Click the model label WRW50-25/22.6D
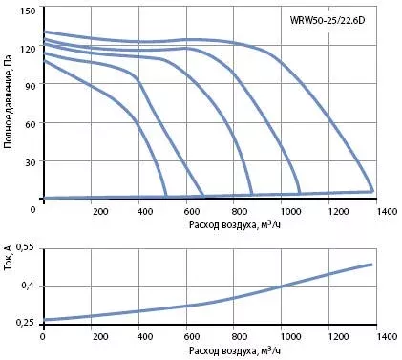[x=328, y=20]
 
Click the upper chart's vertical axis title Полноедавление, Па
[x=9, y=102]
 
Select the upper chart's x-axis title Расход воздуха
[x=235, y=224]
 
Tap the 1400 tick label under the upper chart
[x=387, y=211]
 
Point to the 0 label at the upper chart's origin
[x=33, y=210]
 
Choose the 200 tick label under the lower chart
[x=100, y=336]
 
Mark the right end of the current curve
[x=371, y=265]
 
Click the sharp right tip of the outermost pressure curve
[x=373, y=191]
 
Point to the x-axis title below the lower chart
[x=235, y=350]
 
